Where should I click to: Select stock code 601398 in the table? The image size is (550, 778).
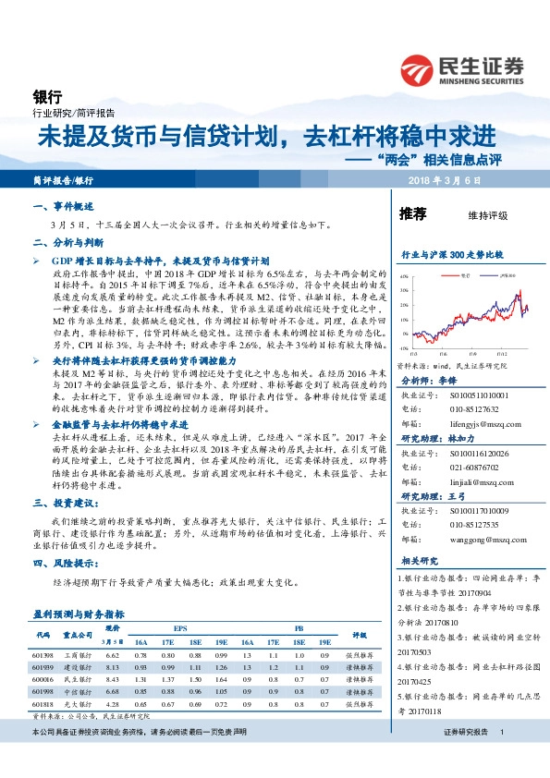42,654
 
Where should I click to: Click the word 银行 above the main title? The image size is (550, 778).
47,96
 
